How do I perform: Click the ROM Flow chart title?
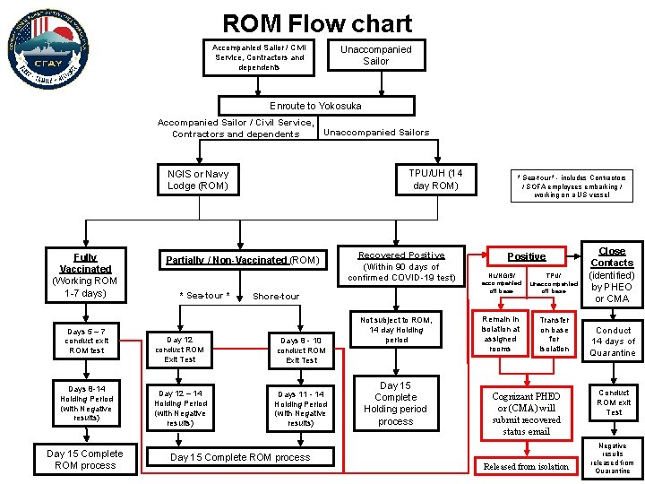(317, 23)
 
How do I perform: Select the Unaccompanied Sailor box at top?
(375, 56)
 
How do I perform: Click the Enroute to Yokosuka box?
(315, 106)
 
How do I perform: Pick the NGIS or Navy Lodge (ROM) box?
(198, 180)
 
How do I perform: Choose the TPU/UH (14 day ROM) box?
(434, 179)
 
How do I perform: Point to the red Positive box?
(526, 256)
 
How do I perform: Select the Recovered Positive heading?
(400, 255)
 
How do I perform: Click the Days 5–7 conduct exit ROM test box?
(86, 341)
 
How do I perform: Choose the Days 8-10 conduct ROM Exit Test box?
(301, 350)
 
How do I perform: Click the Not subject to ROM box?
(395, 329)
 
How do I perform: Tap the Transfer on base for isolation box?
(554, 333)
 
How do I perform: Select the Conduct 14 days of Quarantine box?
(613, 341)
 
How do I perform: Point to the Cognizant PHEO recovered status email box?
(526, 413)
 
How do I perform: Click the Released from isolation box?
(526, 466)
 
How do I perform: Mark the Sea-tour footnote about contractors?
(573, 186)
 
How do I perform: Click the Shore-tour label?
(277, 296)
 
